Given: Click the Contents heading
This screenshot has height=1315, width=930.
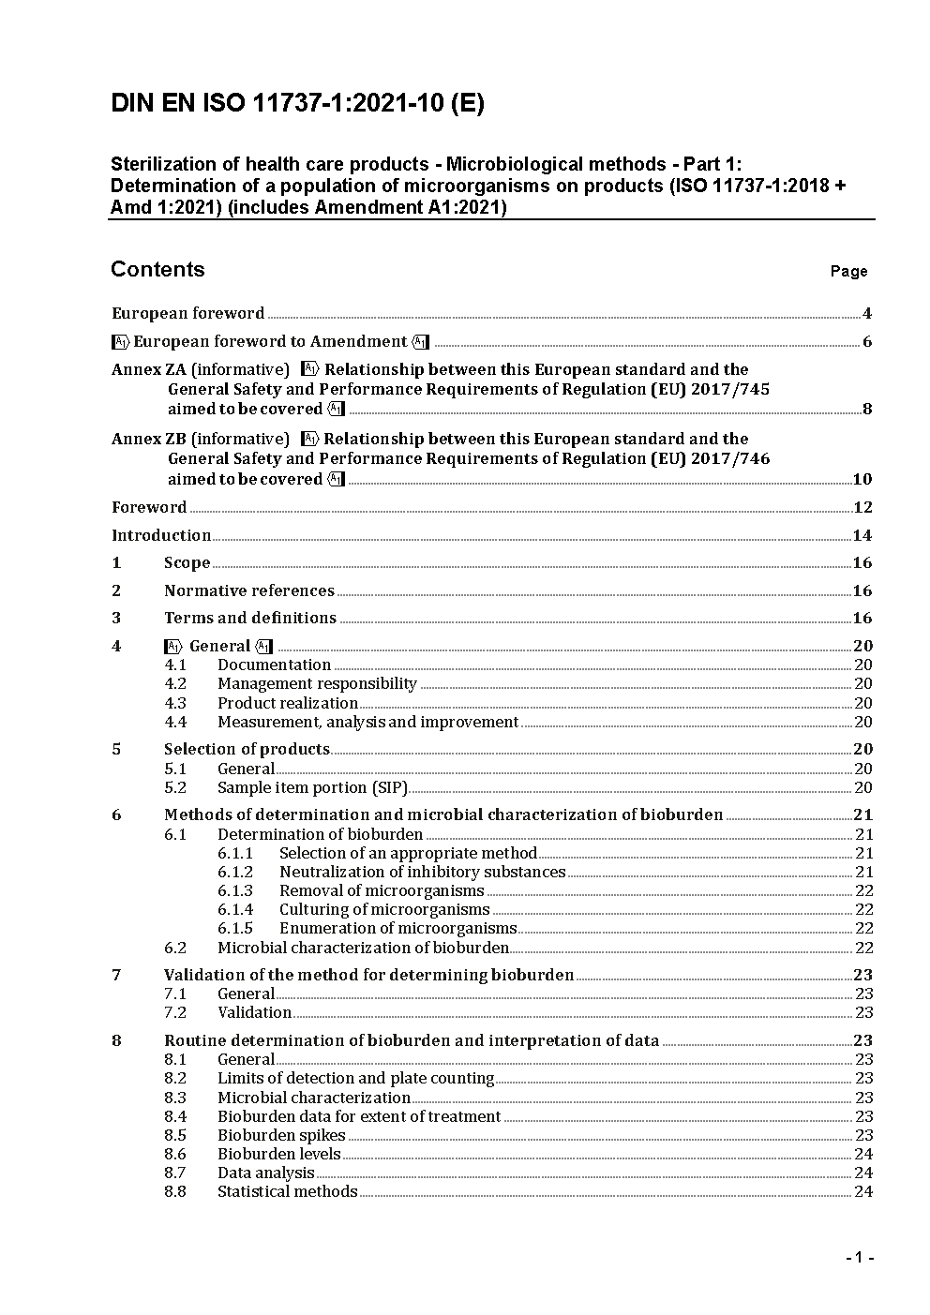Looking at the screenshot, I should click(x=157, y=269).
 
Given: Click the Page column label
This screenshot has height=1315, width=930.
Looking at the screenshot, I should click(x=848, y=271).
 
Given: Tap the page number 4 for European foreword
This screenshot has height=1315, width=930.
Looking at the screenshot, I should click(x=867, y=313).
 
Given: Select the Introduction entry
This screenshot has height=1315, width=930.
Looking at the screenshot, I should click(x=161, y=535).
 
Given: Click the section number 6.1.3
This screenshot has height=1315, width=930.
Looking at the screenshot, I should click(x=235, y=890).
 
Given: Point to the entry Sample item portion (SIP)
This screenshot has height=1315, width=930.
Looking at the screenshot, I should click(x=312, y=787).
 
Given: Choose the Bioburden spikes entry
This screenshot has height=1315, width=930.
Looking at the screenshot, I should click(x=281, y=1135).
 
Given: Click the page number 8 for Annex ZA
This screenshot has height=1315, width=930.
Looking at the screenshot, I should click(x=867, y=409).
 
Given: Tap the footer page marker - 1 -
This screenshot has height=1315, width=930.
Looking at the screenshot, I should click(x=859, y=1258).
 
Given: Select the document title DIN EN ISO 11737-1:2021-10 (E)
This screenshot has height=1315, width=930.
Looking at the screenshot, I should click(x=297, y=104).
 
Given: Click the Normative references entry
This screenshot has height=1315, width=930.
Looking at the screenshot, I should click(x=248, y=590).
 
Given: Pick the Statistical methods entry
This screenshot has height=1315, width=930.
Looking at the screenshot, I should click(x=287, y=1191).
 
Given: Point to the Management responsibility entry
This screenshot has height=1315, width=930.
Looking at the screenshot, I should click(x=317, y=683).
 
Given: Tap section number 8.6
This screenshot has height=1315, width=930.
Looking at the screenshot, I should click(x=175, y=1154).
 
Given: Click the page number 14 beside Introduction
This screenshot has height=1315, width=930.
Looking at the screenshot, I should click(x=862, y=535).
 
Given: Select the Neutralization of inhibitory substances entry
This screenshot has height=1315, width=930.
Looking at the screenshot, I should click(x=422, y=872).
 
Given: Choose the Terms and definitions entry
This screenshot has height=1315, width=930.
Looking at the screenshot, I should click(x=249, y=618).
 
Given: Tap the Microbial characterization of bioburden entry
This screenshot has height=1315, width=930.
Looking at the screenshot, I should click(x=363, y=948).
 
